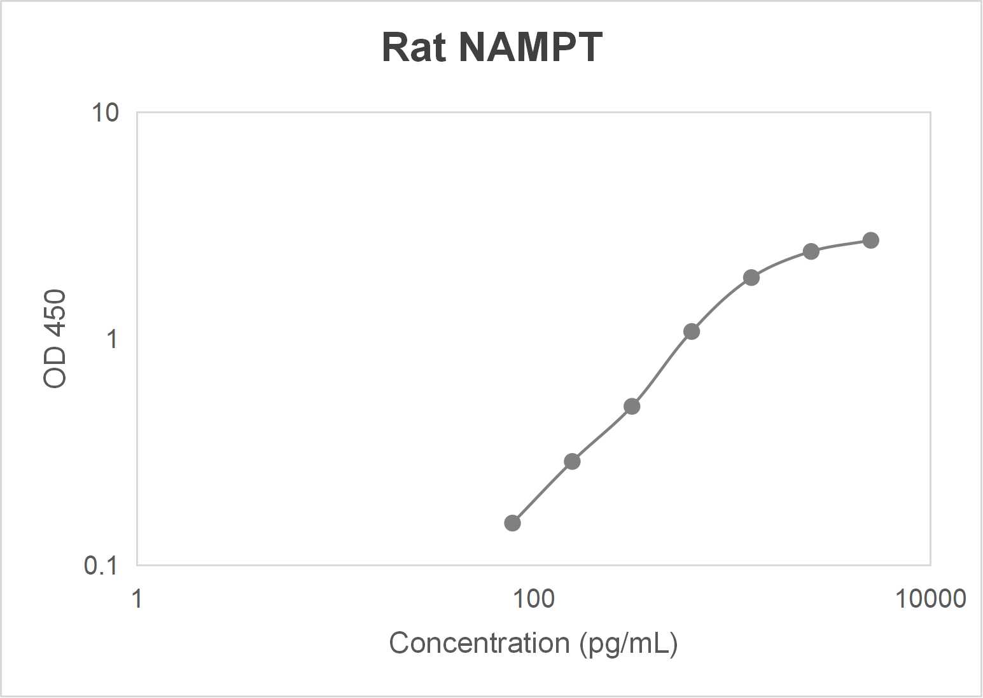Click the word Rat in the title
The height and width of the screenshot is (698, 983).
[x=414, y=47]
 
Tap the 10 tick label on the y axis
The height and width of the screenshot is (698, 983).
[x=105, y=113]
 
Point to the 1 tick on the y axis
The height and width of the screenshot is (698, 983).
[x=112, y=339]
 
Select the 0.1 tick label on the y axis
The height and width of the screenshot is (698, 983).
[x=101, y=565]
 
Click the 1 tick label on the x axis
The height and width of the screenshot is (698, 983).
[x=137, y=599]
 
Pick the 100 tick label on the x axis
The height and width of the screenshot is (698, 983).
[x=533, y=599]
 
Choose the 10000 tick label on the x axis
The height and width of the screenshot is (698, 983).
[x=930, y=599]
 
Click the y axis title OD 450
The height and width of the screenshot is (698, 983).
[x=55, y=339]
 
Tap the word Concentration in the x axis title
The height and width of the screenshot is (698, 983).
[x=479, y=643]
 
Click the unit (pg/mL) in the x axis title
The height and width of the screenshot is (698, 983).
[x=629, y=643]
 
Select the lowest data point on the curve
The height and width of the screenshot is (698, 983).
[x=512, y=523]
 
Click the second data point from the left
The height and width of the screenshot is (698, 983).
[x=572, y=461]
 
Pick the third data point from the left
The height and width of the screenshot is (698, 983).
[x=632, y=406]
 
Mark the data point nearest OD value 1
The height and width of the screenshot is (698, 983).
[x=692, y=332]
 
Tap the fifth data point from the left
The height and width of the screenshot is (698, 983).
[x=751, y=277]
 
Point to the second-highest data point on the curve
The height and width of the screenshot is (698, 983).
[x=811, y=251]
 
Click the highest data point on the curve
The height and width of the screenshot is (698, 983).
[x=870, y=241]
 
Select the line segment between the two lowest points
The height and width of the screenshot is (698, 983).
[x=542, y=492]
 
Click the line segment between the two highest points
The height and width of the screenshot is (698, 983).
[x=840, y=245]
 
